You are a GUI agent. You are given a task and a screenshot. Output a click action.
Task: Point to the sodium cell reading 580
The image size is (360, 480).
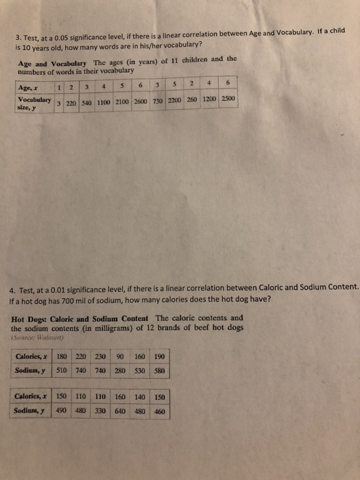(160, 370)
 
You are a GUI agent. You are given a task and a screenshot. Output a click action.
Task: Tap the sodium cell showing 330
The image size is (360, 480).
(101, 412)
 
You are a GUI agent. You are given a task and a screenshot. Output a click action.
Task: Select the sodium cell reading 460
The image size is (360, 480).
(160, 412)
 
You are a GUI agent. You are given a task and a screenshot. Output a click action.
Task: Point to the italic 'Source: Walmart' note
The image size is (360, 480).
(40, 337)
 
